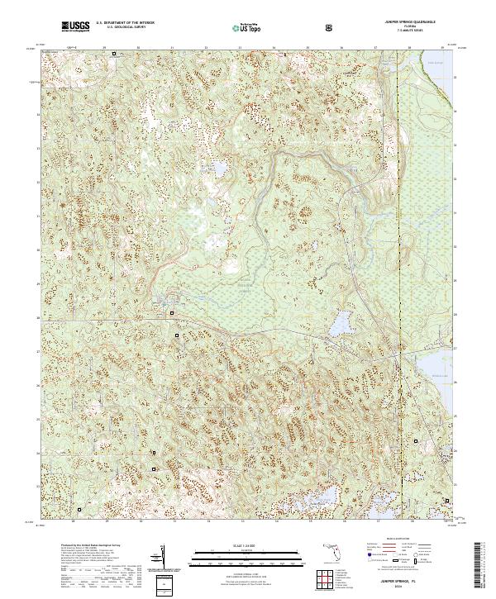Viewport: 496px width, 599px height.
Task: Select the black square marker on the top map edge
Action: (115, 54)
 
